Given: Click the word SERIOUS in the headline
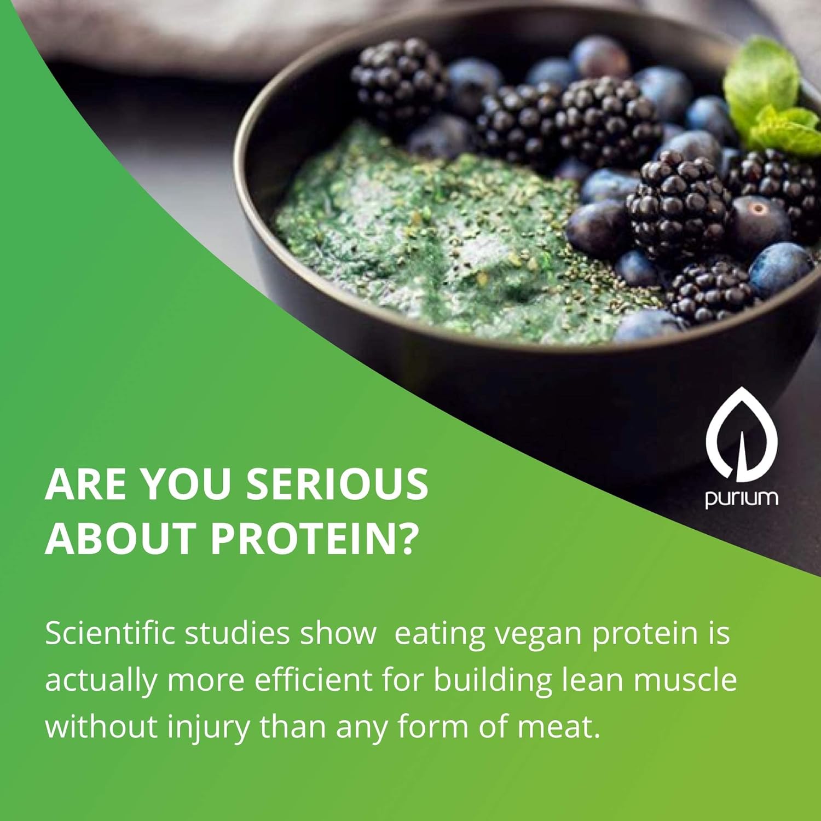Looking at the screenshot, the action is pyautogui.click(x=337, y=484).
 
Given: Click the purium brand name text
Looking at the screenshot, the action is pyautogui.click(x=742, y=499).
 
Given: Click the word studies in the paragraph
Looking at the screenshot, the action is pyautogui.click(x=237, y=633).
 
